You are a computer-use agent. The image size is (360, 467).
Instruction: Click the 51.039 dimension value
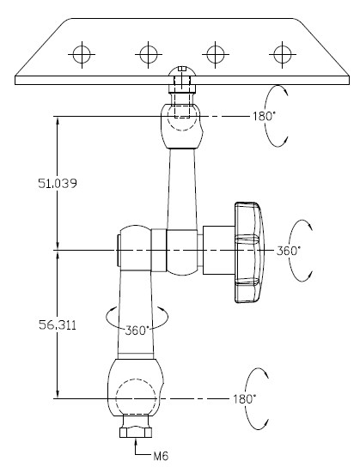point(58,183)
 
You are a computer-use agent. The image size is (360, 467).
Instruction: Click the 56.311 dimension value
point(58,325)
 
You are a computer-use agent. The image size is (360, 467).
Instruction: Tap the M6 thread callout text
point(161,455)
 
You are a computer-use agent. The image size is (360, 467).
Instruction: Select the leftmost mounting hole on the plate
point(82,54)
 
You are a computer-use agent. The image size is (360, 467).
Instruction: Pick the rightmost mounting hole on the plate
point(282,54)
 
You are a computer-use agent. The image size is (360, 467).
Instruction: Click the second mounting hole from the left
point(149,54)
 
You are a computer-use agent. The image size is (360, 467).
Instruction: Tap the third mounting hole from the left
point(216,54)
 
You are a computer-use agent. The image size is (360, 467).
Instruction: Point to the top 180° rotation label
point(263,116)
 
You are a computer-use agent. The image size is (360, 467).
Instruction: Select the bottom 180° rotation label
point(244,399)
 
